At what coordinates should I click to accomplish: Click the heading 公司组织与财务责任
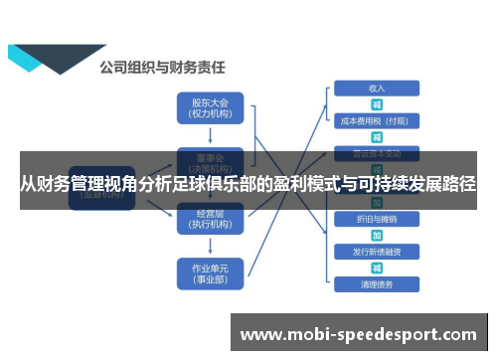tap(161, 68)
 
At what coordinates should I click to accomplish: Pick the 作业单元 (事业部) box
tap(210, 272)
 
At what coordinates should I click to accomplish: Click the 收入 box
tap(377, 89)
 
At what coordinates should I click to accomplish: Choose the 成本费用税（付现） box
tap(377, 120)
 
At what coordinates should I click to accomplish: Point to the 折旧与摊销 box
tap(377, 218)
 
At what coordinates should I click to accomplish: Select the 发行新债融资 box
tap(377, 251)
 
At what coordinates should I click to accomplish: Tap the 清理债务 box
tap(377, 283)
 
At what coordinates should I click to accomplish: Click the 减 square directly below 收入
tap(377, 104)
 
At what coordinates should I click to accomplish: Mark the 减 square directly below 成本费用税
tap(377, 136)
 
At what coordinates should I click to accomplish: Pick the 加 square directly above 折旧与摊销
tap(377, 203)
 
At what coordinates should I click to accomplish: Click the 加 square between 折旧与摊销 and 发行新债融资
tap(377, 235)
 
